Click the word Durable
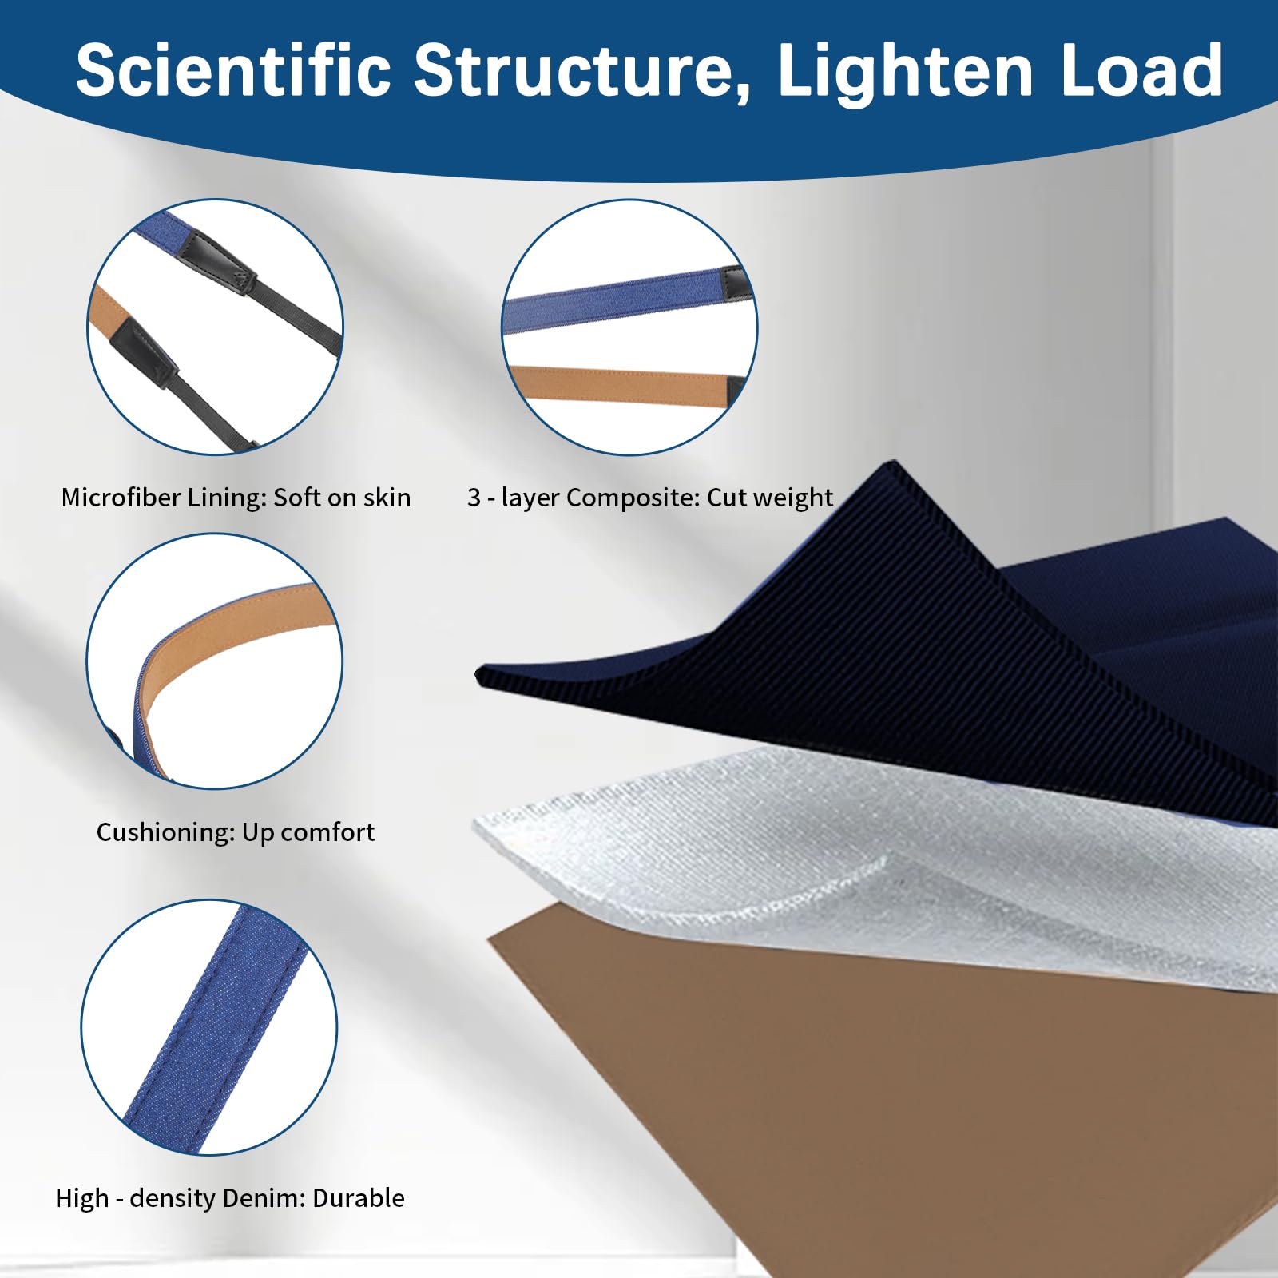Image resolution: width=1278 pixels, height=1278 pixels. [359, 1198]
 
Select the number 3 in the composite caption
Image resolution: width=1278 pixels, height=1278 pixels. [474, 498]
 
